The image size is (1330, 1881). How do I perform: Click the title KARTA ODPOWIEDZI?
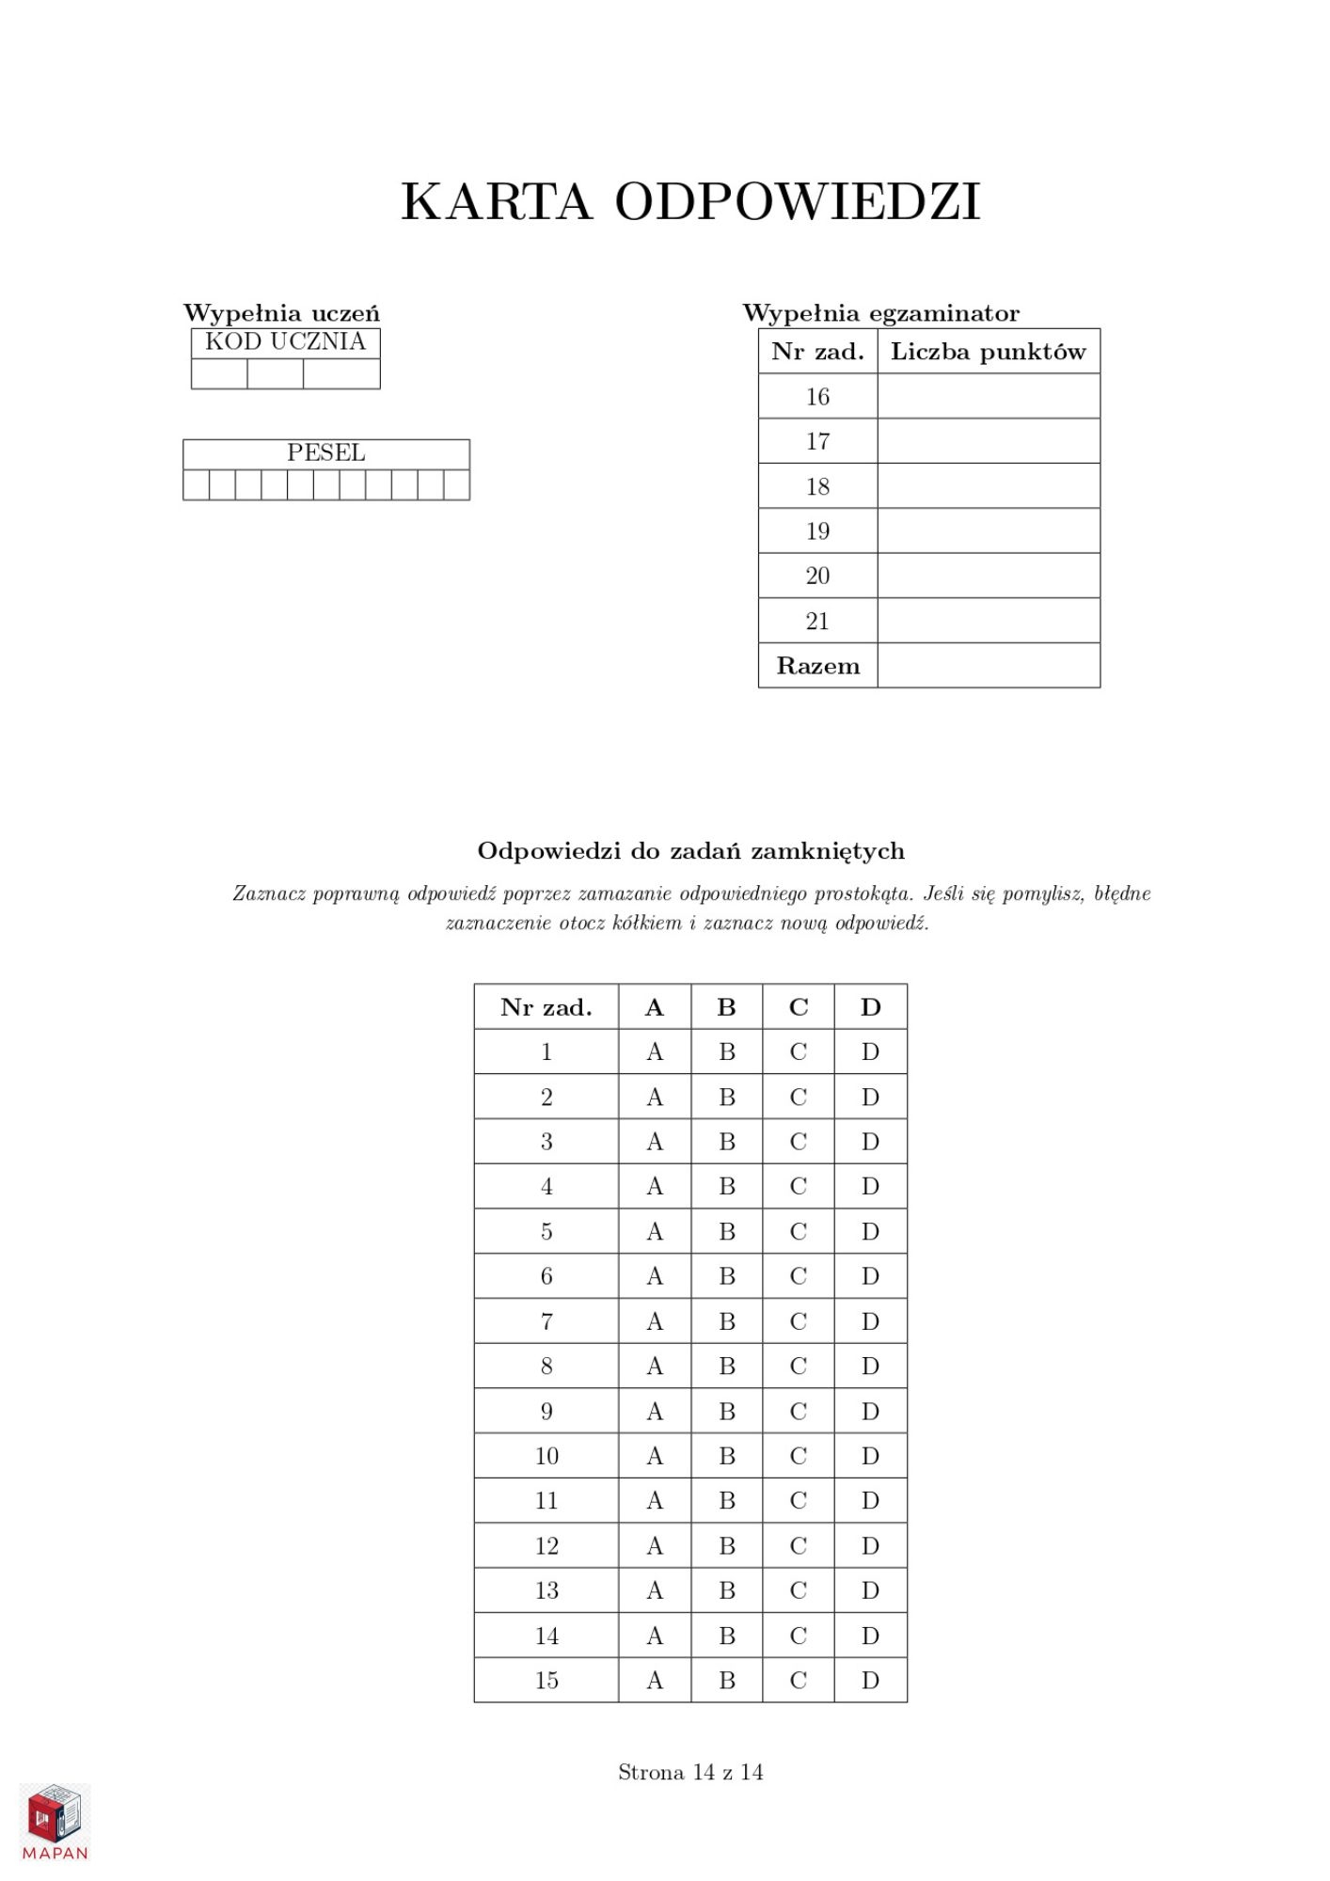pyautogui.click(x=690, y=201)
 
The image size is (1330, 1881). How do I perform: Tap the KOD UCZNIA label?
pyautogui.click(x=285, y=341)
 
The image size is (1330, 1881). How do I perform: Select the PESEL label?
pyautogui.click(x=325, y=452)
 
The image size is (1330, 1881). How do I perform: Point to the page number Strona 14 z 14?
pyautogui.click(x=690, y=1772)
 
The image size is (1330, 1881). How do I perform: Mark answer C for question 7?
pyautogui.click(x=798, y=1321)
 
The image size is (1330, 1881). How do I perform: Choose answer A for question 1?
pyautogui.click(x=655, y=1051)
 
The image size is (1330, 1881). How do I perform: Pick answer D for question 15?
pyautogui.click(x=870, y=1680)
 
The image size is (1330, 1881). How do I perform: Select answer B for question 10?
pyautogui.click(x=726, y=1456)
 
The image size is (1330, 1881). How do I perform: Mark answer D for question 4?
pyautogui.click(x=870, y=1186)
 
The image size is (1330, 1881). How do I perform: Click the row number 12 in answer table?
pyautogui.click(x=546, y=1545)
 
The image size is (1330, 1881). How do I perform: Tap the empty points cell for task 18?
pyautogui.click(x=988, y=486)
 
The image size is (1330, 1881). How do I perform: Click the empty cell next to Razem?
pyautogui.click(x=988, y=666)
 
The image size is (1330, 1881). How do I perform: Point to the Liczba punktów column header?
pyautogui.click(x=988, y=352)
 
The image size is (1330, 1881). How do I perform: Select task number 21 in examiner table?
pyautogui.click(x=817, y=621)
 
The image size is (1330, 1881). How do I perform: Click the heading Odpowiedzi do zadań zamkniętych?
pyautogui.click(x=690, y=851)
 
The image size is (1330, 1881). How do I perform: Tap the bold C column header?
pyautogui.click(x=798, y=1007)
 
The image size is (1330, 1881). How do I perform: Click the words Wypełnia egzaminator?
pyautogui.click(x=880, y=313)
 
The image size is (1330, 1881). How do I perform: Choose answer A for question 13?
pyautogui.click(x=655, y=1590)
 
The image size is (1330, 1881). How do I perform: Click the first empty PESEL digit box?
pyautogui.click(x=196, y=485)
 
